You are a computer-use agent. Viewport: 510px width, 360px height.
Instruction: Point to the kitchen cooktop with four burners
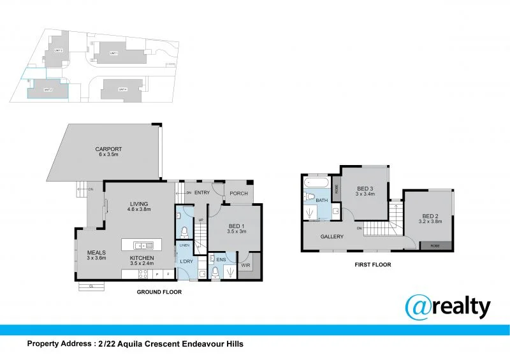143,274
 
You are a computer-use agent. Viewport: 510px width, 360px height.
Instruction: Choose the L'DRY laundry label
186,262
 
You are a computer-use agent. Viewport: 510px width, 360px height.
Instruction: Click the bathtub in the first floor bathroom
316,185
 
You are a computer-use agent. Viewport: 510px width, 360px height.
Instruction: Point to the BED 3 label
364,189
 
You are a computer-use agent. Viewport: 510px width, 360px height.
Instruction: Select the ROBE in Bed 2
435,245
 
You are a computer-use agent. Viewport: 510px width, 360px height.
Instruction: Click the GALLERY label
332,236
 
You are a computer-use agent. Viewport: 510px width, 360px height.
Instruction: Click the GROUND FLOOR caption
159,292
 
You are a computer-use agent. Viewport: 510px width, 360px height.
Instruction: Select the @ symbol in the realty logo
420,307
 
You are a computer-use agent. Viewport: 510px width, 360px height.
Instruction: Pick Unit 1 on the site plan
114,52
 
